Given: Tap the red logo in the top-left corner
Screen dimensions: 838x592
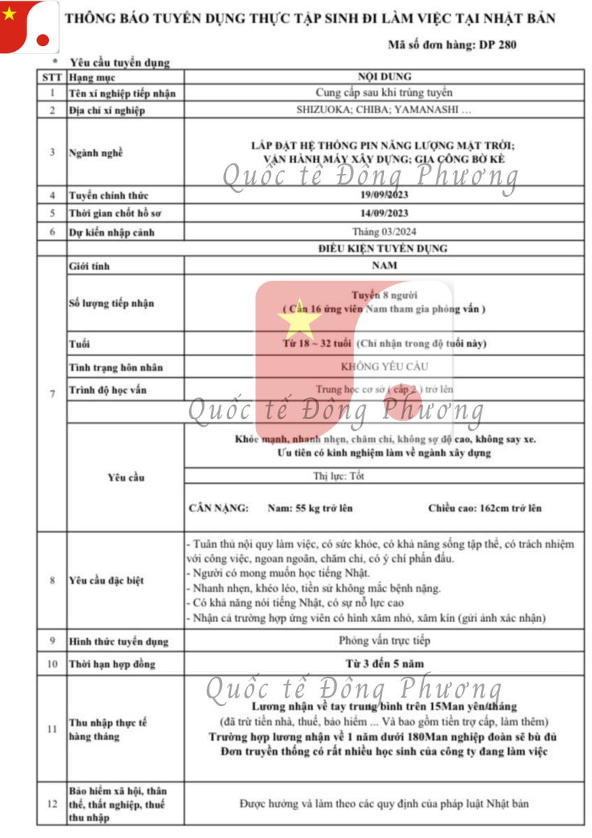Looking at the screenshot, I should coord(28,27).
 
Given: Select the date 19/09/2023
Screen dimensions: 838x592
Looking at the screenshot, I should coord(384,196).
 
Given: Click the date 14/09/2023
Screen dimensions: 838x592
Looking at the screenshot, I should coord(384,214).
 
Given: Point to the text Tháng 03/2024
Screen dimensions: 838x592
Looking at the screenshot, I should coord(384,232).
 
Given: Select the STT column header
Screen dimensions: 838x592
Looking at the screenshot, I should coord(52,78).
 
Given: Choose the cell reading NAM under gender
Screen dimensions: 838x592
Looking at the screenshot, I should coord(384,265).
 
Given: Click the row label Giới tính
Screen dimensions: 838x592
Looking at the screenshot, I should coord(89,266).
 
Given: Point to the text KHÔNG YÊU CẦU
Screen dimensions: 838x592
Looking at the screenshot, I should coord(384,367).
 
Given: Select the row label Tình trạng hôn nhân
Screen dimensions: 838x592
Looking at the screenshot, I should coord(116,367).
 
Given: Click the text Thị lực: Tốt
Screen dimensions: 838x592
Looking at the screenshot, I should coord(339,476).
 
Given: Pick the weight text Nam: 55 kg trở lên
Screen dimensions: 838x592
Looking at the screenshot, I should coord(310,508).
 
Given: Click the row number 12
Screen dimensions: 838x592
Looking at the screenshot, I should coord(52,804).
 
